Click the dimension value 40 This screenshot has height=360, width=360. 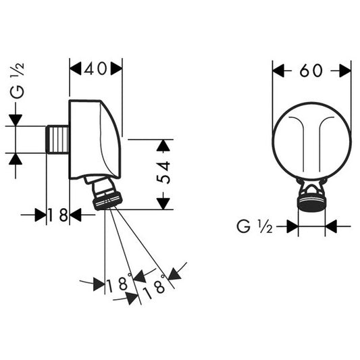[95, 69]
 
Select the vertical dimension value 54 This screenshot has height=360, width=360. [163, 172]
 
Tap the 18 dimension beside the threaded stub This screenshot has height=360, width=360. [58, 215]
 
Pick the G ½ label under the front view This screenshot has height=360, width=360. [255, 227]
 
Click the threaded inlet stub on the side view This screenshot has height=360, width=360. [57, 139]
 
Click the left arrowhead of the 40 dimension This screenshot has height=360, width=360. [75, 68]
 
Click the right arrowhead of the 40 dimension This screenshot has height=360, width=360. [116, 68]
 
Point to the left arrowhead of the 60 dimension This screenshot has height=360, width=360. [278, 71]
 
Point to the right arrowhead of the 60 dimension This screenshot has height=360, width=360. [345, 71]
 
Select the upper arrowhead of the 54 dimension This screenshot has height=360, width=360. [163, 145]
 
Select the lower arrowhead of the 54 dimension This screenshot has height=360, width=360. [163, 204]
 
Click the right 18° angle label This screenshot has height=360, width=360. [154, 286]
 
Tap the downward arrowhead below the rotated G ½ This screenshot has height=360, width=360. [16, 120]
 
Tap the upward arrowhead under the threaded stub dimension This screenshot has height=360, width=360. [16, 159]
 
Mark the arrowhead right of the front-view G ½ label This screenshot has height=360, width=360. [331, 226]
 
